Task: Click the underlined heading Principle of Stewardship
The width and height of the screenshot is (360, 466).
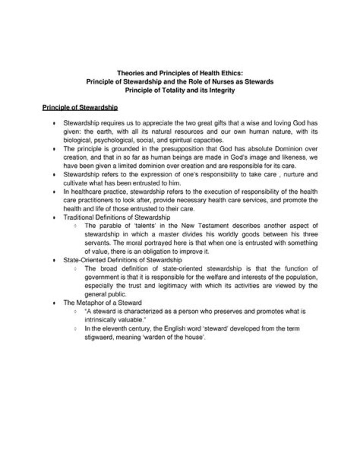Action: [80, 107]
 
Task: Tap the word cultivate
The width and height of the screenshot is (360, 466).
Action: [75, 183]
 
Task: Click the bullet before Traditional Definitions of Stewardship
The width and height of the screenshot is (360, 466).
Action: [53, 217]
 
